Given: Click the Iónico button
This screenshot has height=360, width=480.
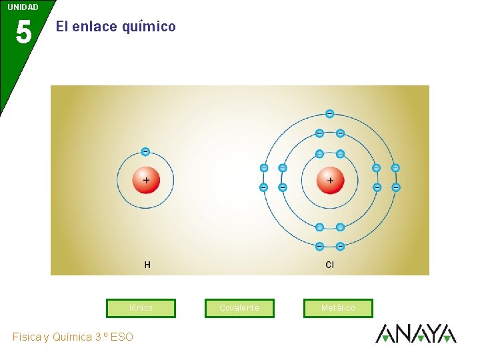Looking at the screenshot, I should tap(141, 308).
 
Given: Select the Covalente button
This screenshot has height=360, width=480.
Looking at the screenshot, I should tap(239, 308).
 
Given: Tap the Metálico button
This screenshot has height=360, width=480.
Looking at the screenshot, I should tap(338, 308).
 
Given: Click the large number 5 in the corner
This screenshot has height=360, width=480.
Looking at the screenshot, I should tap(23, 32).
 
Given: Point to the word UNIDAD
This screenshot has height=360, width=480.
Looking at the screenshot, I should tap(23, 7).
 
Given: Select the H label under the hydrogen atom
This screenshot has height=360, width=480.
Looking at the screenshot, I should tap(147, 265).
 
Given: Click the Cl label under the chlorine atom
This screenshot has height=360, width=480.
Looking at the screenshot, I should tap(329, 265).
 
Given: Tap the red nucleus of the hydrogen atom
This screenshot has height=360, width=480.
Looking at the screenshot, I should tap(145, 180).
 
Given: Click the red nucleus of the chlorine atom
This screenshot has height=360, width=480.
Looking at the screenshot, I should tap(330, 180).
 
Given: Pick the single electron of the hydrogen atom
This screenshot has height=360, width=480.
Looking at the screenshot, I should tap(145, 151).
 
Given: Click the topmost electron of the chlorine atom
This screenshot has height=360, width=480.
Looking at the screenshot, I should tap(329, 113).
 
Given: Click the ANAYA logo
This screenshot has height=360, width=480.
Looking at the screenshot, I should tap(415, 333).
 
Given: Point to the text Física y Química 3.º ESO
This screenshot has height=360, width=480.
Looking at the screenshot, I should tap(73, 337).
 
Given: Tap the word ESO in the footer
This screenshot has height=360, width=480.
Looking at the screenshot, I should tap(122, 337).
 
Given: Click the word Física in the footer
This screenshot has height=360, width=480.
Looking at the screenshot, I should tap(27, 337).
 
